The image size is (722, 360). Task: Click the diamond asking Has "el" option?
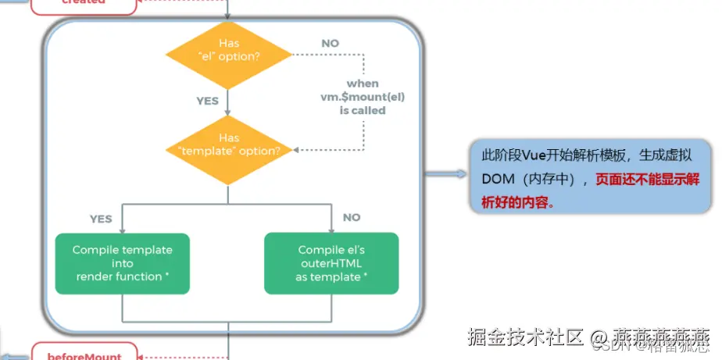(x=228, y=55)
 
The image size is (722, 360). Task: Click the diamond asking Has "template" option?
(x=228, y=150)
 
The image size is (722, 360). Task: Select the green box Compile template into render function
(x=122, y=263)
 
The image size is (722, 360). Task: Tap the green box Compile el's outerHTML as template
(x=331, y=263)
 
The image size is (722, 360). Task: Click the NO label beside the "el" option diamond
(x=330, y=44)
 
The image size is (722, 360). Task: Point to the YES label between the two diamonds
(x=207, y=101)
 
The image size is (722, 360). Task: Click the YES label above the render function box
(x=101, y=219)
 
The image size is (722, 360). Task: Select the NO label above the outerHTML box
(x=352, y=218)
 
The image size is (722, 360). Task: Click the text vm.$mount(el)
(x=363, y=97)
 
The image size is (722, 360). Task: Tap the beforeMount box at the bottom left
(x=84, y=355)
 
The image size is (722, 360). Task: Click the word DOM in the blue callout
(x=498, y=179)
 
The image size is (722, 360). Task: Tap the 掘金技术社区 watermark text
(x=525, y=337)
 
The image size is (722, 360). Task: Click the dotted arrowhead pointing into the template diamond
(x=297, y=150)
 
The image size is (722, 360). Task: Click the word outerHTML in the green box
(x=331, y=264)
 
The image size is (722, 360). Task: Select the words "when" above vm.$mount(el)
(x=363, y=84)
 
